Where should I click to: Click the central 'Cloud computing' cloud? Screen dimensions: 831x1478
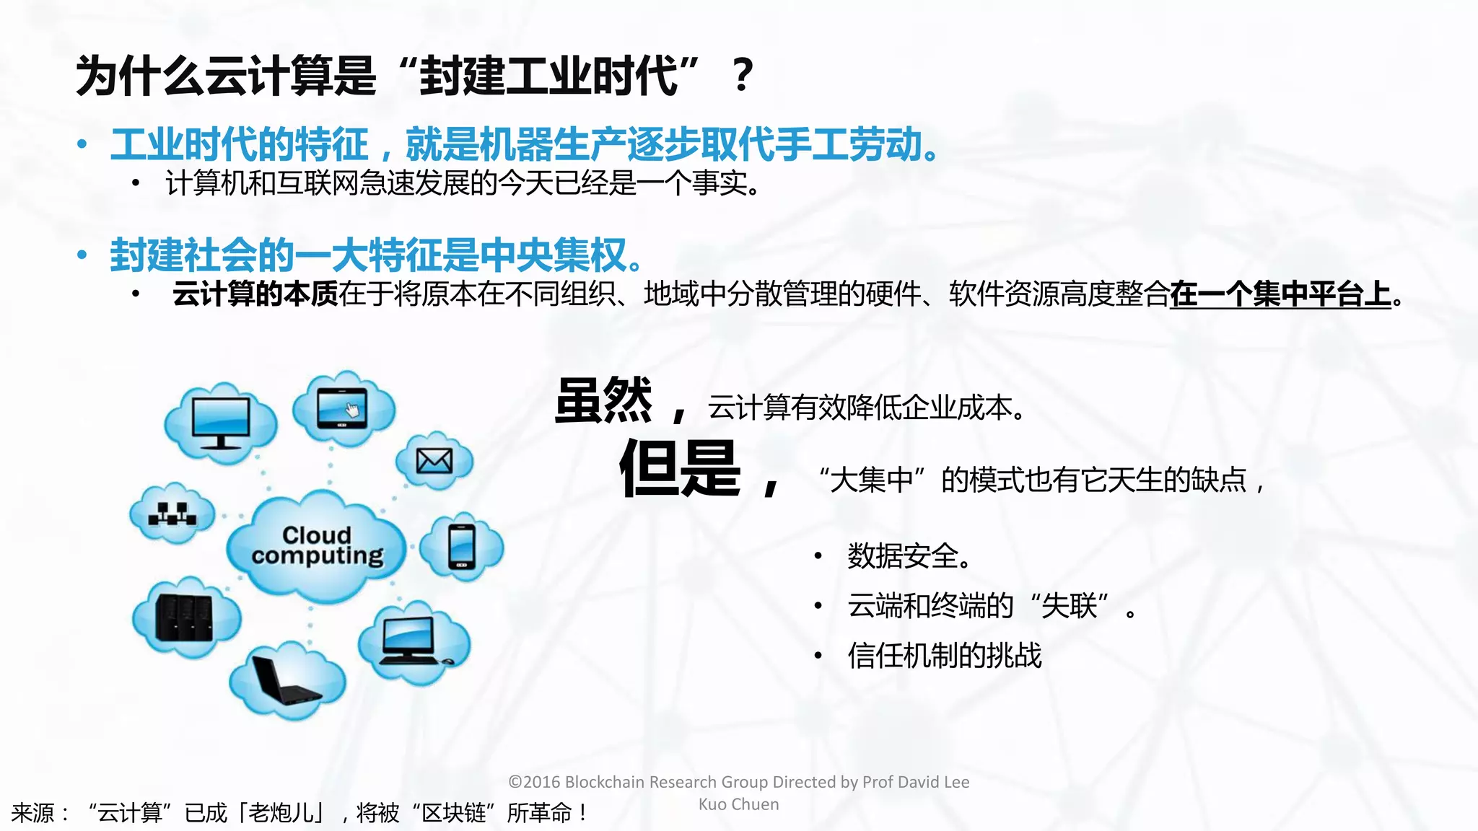(316, 546)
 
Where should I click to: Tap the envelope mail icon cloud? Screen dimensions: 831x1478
(434, 460)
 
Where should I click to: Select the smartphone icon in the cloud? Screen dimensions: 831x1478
(461, 547)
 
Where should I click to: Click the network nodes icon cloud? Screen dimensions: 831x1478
(172, 514)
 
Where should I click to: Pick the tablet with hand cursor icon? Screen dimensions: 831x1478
(342, 408)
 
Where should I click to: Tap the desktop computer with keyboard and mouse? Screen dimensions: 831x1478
(413, 641)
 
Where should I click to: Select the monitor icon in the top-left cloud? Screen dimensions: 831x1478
(221, 423)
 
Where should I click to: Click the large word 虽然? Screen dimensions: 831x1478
(603, 401)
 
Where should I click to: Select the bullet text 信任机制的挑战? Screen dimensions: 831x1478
(944, 655)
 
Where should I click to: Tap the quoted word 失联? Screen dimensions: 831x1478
(1070, 605)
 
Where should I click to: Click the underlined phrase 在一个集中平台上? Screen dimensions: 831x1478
(1280, 294)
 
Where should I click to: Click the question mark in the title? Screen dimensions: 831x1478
(742, 75)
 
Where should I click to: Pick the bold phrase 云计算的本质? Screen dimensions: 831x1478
(255, 294)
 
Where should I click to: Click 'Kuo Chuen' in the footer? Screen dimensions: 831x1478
(738, 804)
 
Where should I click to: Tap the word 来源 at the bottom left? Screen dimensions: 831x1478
(32, 813)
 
